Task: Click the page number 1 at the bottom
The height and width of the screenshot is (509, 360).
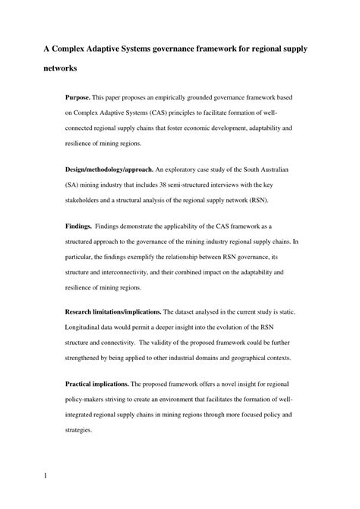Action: click(x=46, y=477)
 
